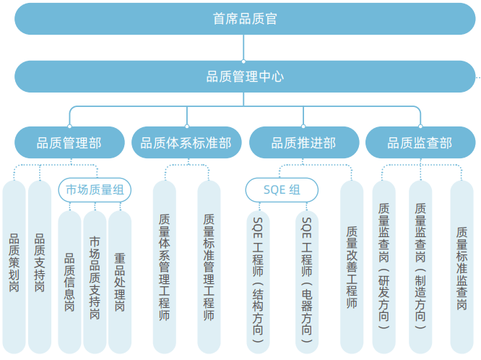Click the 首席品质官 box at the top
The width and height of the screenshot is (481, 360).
coord(244,19)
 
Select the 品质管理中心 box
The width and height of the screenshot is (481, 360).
coord(244,77)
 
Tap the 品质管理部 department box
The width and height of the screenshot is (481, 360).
coord(69,142)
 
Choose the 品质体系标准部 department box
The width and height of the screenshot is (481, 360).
coord(186,142)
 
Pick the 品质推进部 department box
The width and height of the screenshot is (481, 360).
coord(303,142)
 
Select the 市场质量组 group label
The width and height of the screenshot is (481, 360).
coord(95,190)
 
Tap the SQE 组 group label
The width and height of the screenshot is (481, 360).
coord(282,190)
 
